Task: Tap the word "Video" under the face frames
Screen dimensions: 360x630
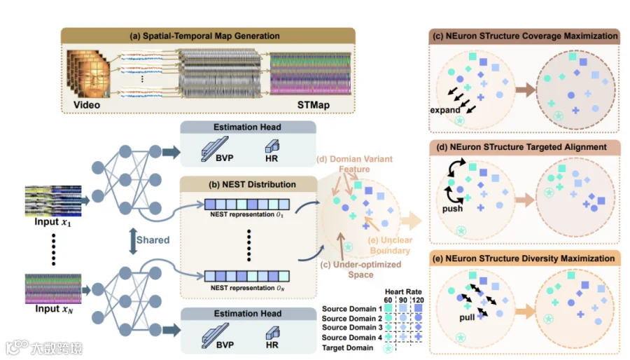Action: click(x=87, y=105)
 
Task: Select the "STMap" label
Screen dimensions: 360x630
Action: click(x=311, y=106)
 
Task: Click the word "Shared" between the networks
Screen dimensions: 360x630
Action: click(x=153, y=240)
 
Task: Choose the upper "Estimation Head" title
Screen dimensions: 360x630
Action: click(x=247, y=127)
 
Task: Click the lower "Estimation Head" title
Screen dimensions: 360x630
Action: click(x=247, y=314)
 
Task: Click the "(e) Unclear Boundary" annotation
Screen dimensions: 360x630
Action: click(x=392, y=244)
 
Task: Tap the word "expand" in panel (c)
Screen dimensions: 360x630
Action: click(x=446, y=110)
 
